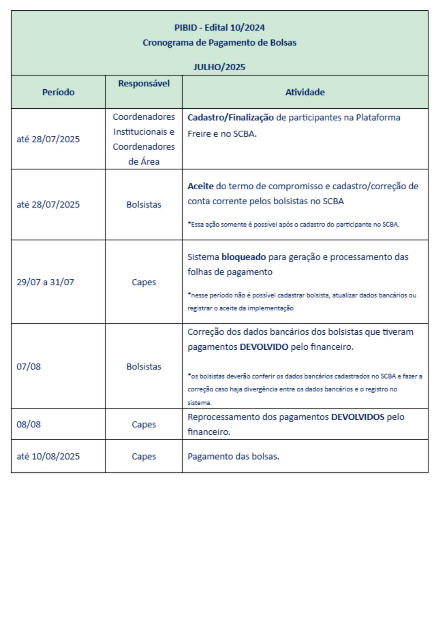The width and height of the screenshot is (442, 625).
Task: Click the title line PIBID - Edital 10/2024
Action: pos(219,28)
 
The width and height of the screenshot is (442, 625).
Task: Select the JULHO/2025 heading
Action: pos(219,67)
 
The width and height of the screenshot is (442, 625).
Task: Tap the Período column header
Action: pos(58,92)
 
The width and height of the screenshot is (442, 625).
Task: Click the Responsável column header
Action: pos(144,83)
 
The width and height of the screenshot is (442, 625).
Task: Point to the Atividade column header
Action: pos(305,92)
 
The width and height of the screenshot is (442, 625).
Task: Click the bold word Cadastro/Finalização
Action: pos(230,118)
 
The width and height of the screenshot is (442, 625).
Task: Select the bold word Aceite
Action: pos(200,186)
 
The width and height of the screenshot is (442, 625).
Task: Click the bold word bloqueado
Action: pos(244,257)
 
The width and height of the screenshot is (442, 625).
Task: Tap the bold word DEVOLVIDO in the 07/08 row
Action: pos(264,347)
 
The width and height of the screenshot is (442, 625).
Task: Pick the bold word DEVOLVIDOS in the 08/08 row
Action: pos(357,417)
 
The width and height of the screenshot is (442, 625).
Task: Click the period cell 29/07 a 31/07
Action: pos(45,282)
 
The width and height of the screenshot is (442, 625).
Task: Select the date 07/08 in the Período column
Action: pos(29,367)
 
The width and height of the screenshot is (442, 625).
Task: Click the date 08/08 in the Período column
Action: pos(29,425)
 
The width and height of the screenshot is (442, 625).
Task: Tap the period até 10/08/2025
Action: pos(48,457)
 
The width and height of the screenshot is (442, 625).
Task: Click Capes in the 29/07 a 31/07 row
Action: pos(144,282)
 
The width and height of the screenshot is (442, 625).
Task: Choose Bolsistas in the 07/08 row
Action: pos(144,367)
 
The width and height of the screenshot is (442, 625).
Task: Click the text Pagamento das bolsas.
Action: pos(233,457)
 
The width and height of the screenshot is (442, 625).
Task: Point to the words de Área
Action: pos(144,162)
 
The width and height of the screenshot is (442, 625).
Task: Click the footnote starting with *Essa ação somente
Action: pos(293,224)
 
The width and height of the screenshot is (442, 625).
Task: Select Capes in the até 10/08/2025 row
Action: pos(144,457)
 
